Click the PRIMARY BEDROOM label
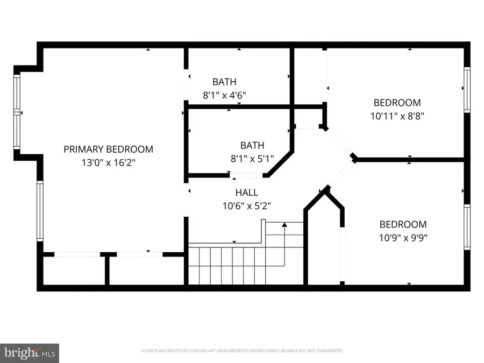[108, 149]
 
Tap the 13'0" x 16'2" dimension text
[108, 161]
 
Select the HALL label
[246, 192]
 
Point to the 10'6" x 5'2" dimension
[246, 205]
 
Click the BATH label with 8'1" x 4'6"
[224, 82]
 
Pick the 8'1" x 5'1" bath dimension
[252, 158]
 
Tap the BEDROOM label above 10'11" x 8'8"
[397, 102]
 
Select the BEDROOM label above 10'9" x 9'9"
[403, 224]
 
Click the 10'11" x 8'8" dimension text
[397, 115]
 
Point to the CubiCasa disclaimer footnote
[241, 351]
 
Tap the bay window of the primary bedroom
[17, 112]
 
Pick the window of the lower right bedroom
[467, 227]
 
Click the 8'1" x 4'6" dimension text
[224, 95]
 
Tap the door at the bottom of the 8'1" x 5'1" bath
[246, 175]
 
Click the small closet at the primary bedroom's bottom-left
[73, 271]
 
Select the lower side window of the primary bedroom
[40, 210]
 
